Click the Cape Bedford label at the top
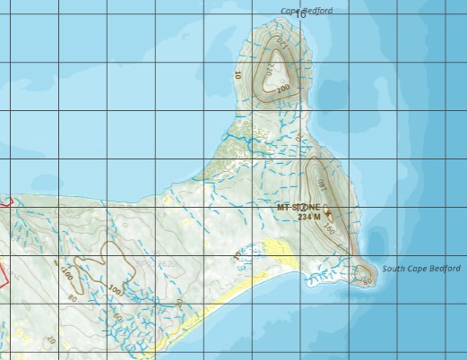[x=307, y=11]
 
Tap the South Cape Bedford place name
[x=421, y=269]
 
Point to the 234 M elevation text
[x=308, y=217]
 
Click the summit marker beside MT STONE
[x=327, y=212]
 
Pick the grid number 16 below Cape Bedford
[x=300, y=14]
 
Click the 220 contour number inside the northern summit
[x=267, y=66]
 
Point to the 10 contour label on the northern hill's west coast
[x=238, y=75]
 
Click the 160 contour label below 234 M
[x=329, y=230]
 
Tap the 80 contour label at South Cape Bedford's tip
[x=368, y=281]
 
